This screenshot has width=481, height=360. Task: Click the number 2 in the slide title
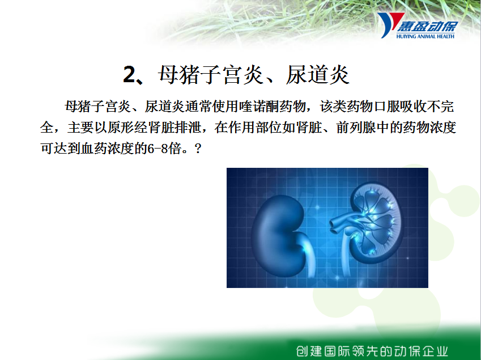click(x=129, y=75)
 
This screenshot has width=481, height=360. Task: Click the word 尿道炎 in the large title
click(x=318, y=75)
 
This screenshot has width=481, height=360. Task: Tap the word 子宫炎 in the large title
click(x=232, y=75)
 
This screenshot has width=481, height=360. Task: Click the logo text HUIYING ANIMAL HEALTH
click(x=425, y=36)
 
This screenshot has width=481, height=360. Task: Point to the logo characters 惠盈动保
click(x=427, y=27)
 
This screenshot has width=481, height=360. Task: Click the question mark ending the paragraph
click(x=198, y=149)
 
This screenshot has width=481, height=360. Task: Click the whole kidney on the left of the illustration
click(x=278, y=235)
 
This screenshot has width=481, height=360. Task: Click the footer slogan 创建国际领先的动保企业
click(x=372, y=351)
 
